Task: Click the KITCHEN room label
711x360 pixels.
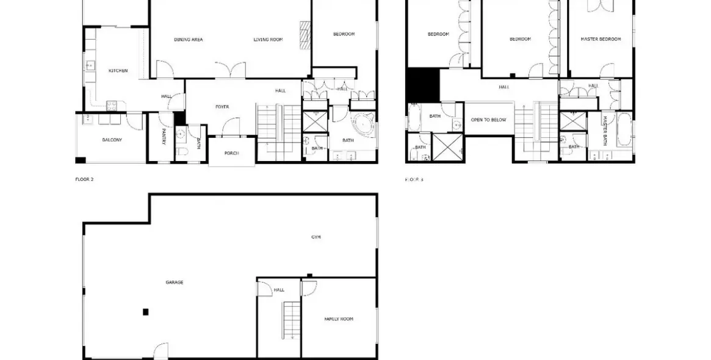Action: click(118, 71)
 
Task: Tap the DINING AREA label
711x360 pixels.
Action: click(188, 40)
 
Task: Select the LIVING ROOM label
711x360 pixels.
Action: click(269, 40)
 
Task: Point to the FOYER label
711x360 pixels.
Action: click(222, 107)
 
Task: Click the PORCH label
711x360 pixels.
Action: click(231, 153)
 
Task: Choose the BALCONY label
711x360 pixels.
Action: click(112, 140)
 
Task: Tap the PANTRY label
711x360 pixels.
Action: click(164, 136)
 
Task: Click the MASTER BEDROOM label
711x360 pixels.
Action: click(601, 39)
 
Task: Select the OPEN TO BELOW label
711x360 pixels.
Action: click(488, 120)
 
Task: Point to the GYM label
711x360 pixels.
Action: click(316, 237)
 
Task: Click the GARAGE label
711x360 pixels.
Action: click(175, 282)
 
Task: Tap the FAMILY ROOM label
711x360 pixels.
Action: click(338, 319)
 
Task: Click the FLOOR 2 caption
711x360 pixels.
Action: click(84, 179)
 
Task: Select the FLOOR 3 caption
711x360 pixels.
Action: click(414, 179)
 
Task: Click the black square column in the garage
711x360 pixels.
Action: click(145, 312)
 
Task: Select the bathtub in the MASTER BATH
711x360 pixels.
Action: click(624, 129)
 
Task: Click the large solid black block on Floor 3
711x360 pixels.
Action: click(422, 84)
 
